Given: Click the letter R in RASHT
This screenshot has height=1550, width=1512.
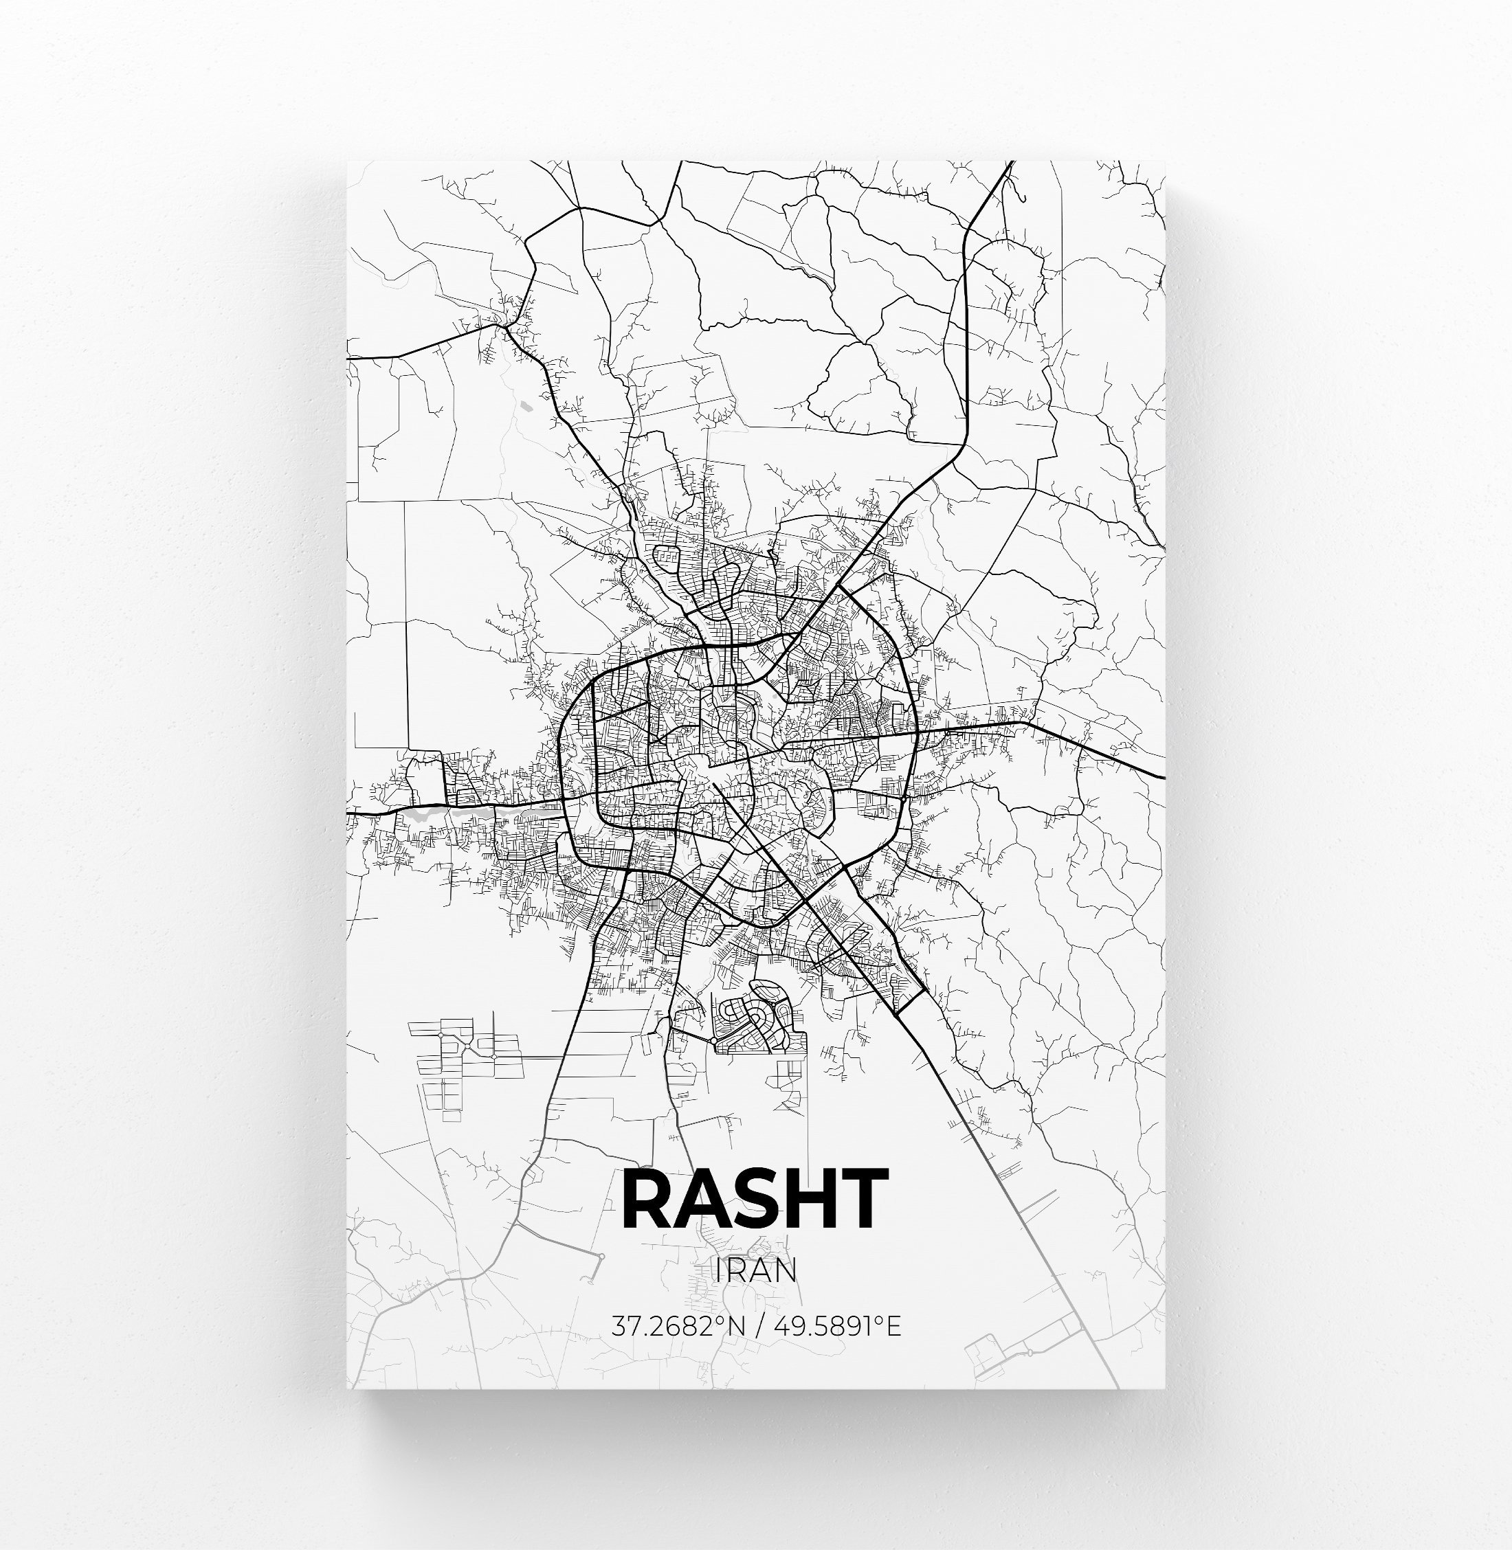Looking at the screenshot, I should point(650,1200).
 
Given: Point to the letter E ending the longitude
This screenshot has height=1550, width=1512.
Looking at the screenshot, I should point(893,1326).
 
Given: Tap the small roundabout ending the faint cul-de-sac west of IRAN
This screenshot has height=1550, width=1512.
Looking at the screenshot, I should point(601,1256).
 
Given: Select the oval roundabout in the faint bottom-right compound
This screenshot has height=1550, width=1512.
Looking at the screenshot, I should point(1028,1351).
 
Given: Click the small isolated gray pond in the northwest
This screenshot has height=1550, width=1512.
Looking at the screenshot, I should point(526,407).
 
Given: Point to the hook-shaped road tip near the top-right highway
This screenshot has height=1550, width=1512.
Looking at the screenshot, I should point(1023,198).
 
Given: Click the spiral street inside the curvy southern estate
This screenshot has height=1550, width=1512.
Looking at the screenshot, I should point(761,1015).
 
